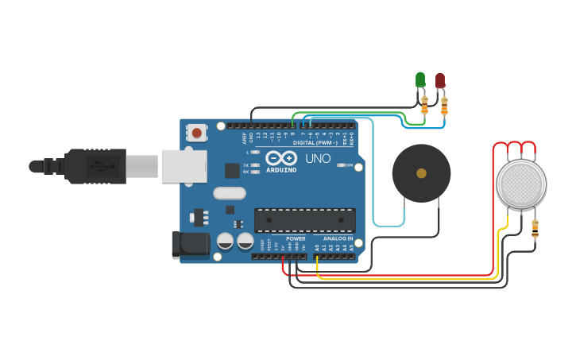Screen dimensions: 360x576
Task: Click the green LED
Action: (x=420, y=79)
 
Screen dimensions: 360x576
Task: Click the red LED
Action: (x=440, y=80)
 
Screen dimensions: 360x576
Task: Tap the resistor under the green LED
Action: (x=424, y=104)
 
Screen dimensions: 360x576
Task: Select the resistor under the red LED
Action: (x=444, y=105)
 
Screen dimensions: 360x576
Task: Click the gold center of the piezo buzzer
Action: (x=421, y=173)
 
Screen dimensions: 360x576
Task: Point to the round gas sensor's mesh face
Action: (x=521, y=184)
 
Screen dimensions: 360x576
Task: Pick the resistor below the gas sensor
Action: (x=535, y=230)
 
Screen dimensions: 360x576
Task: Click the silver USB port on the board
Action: (x=184, y=166)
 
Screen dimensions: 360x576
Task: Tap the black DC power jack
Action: (x=191, y=244)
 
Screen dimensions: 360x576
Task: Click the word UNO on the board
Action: (x=317, y=158)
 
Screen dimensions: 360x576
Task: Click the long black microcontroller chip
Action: (x=304, y=220)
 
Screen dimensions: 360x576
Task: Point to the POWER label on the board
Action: (x=296, y=238)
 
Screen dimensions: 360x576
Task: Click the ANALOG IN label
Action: (x=338, y=238)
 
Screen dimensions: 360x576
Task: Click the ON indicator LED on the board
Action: (x=342, y=165)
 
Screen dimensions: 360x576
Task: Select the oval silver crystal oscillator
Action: (x=230, y=192)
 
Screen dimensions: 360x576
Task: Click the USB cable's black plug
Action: (x=95, y=166)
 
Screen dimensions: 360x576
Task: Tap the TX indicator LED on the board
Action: (x=255, y=165)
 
